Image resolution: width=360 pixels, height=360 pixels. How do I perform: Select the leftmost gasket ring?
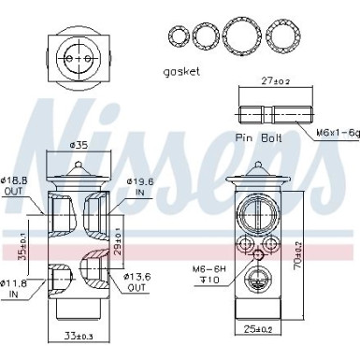click(x=177, y=36)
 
